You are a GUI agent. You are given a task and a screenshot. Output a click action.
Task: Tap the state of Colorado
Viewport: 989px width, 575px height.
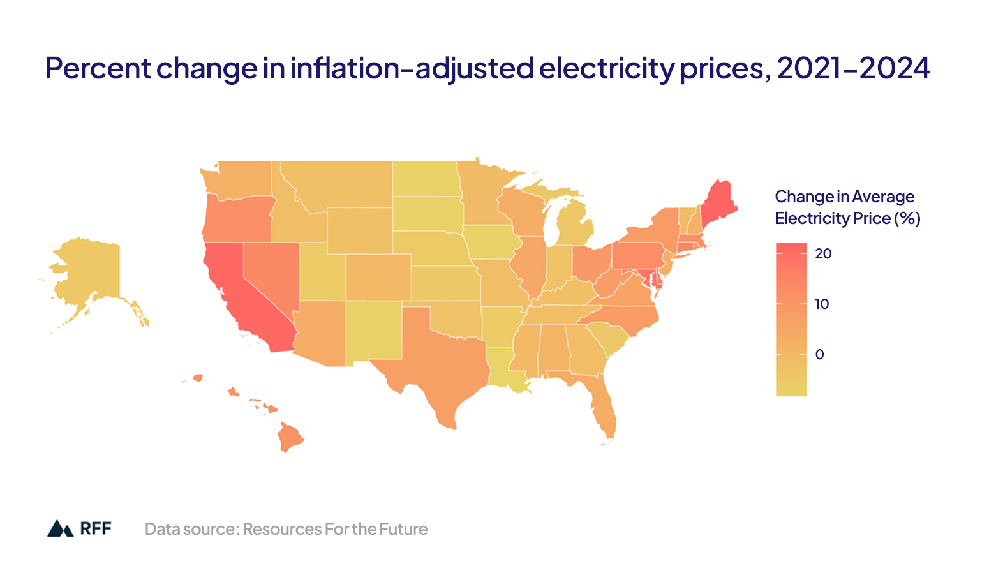379,277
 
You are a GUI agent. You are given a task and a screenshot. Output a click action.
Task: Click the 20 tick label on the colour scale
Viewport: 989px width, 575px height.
823,253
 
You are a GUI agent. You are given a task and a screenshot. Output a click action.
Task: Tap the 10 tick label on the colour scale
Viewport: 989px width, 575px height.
822,304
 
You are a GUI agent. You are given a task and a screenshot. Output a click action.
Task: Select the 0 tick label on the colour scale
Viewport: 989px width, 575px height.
819,354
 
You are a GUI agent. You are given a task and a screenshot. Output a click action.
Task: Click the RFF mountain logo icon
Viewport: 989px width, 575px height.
61,528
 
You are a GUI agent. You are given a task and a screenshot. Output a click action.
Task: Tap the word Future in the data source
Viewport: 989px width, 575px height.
403,529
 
